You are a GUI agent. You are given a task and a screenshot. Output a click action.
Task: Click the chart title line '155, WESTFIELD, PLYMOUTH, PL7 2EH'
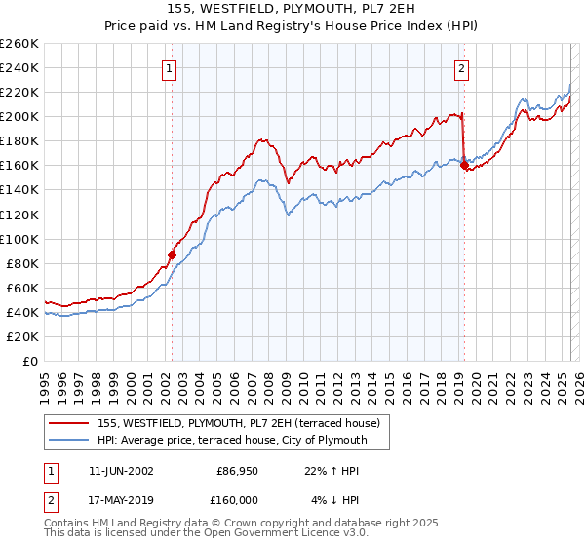292,11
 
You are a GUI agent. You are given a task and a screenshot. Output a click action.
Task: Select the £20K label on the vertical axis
21,336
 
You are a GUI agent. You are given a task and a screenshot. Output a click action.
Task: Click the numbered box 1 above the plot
171,68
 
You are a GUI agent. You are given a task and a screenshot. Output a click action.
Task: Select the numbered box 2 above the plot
461,68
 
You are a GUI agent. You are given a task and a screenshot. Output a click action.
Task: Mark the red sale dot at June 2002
172,254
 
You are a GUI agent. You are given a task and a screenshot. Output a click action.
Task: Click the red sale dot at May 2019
463,165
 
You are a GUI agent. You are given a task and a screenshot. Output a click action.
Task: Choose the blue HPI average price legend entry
231,440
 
